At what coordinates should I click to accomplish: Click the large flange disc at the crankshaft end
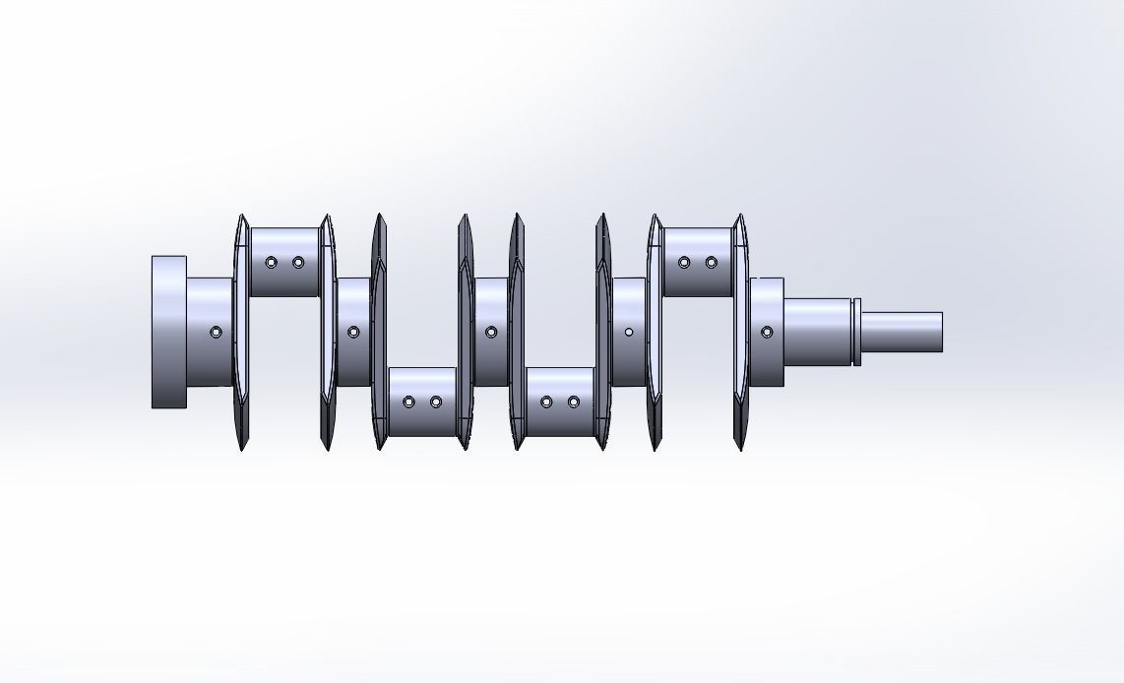tap(168, 332)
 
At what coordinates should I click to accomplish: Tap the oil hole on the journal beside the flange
tap(216, 333)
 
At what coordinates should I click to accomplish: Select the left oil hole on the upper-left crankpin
tap(271, 263)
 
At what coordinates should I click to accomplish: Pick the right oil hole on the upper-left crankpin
tap(298, 263)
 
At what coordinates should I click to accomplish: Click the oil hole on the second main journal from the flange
tap(353, 333)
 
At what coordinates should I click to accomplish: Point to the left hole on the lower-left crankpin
tap(408, 402)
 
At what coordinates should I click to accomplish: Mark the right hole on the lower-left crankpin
tap(436, 402)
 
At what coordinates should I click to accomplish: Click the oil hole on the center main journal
tap(491, 333)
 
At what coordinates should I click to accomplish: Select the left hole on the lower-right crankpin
tap(546, 402)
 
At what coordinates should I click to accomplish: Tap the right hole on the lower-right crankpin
tap(574, 402)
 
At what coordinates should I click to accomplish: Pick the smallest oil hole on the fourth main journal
tap(629, 333)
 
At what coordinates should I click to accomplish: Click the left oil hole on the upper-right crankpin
tap(684, 263)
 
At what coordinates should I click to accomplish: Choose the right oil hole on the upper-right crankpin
tap(712, 263)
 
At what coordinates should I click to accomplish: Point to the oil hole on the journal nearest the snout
tap(767, 333)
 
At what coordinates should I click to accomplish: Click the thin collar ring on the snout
tap(856, 332)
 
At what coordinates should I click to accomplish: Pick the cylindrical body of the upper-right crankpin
tap(698, 280)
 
